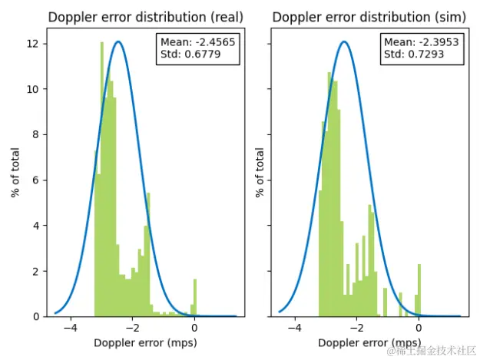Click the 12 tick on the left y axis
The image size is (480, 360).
tap(32, 44)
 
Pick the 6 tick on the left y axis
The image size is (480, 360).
tap(35, 180)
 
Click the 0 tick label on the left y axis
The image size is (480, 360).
tap(35, 316)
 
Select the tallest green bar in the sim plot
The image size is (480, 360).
tap(329, 192)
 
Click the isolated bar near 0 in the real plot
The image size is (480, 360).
tap(194, 298)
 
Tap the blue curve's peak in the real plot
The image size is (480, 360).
tap(118, 42)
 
